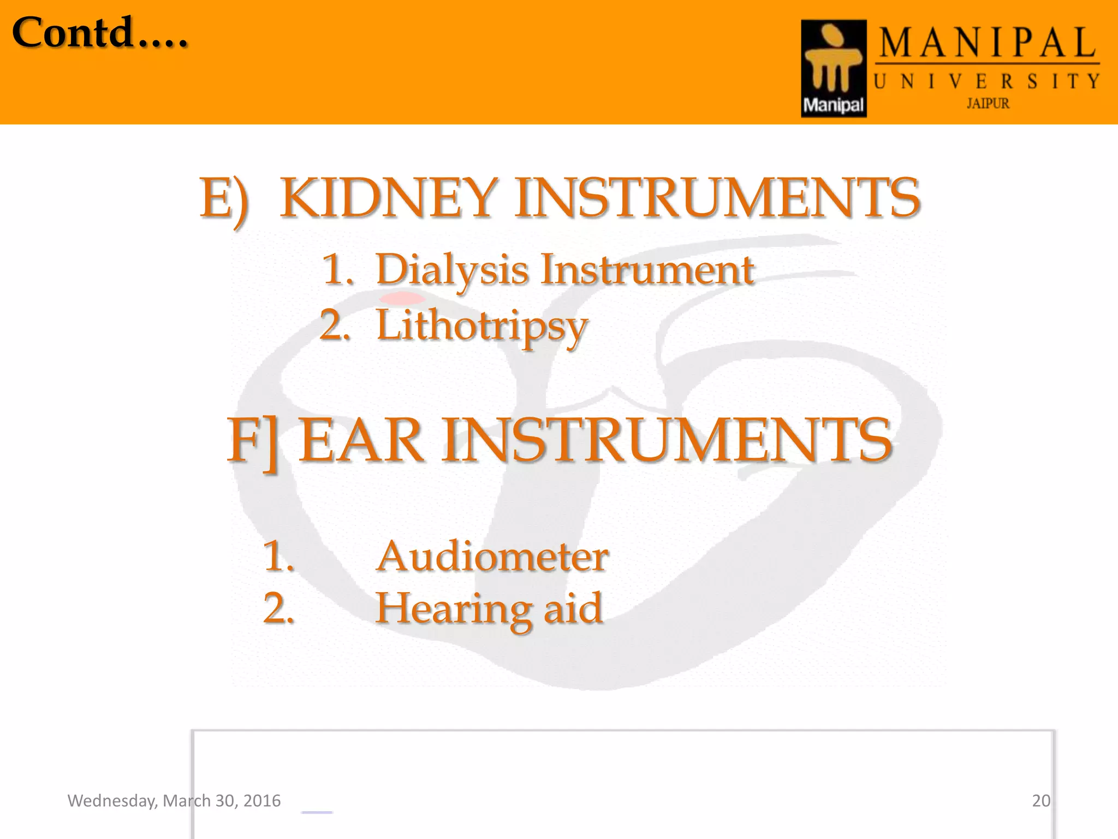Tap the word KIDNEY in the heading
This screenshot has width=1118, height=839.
[x=388, y=198]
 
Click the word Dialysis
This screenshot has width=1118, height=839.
[x=452, y=270]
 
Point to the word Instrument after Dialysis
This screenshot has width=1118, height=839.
[x=647, y=270]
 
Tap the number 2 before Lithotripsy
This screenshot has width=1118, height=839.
[x=334, y=326]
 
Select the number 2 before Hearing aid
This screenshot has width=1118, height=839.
[x=278, y=608]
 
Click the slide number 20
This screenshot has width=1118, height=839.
[x=1041, y=801]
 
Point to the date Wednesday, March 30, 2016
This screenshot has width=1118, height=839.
[x=174, y=801]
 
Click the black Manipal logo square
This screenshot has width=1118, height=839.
[x=834, y=68]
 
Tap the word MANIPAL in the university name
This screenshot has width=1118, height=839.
[x=987, y=44]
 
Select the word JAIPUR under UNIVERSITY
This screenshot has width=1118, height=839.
[x=988, y=103]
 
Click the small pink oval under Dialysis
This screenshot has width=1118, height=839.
[x=402, y=298]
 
